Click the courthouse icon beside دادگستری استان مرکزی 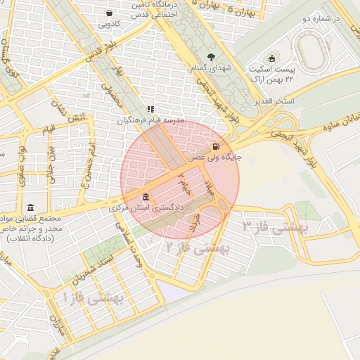pos(146,196)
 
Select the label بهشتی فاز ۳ pos(271,227)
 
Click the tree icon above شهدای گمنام pos(211,58)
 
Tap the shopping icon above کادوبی pos(108,13)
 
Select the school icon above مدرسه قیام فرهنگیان pos(150,109)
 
